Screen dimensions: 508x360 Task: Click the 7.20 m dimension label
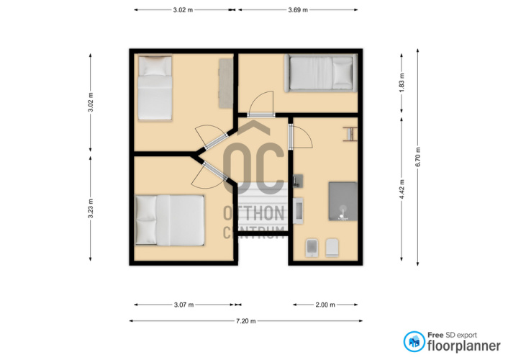246,321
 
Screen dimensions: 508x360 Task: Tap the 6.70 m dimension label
418,157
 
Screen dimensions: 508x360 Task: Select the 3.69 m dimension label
298,10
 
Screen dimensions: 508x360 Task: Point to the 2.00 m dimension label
325,305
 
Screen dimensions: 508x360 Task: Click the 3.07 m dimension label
183,305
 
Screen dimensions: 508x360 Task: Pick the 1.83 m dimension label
402,83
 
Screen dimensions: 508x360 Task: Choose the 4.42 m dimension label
402,189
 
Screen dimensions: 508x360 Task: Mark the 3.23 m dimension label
91,208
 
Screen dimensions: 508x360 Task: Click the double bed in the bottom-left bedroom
170,220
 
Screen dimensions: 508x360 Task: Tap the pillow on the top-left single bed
155,67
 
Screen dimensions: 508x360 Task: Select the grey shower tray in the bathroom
343,202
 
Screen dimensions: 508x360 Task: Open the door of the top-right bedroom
261,103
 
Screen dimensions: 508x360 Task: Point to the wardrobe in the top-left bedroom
225,84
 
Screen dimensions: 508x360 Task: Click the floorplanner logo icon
414,341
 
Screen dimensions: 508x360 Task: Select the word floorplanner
464,346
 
